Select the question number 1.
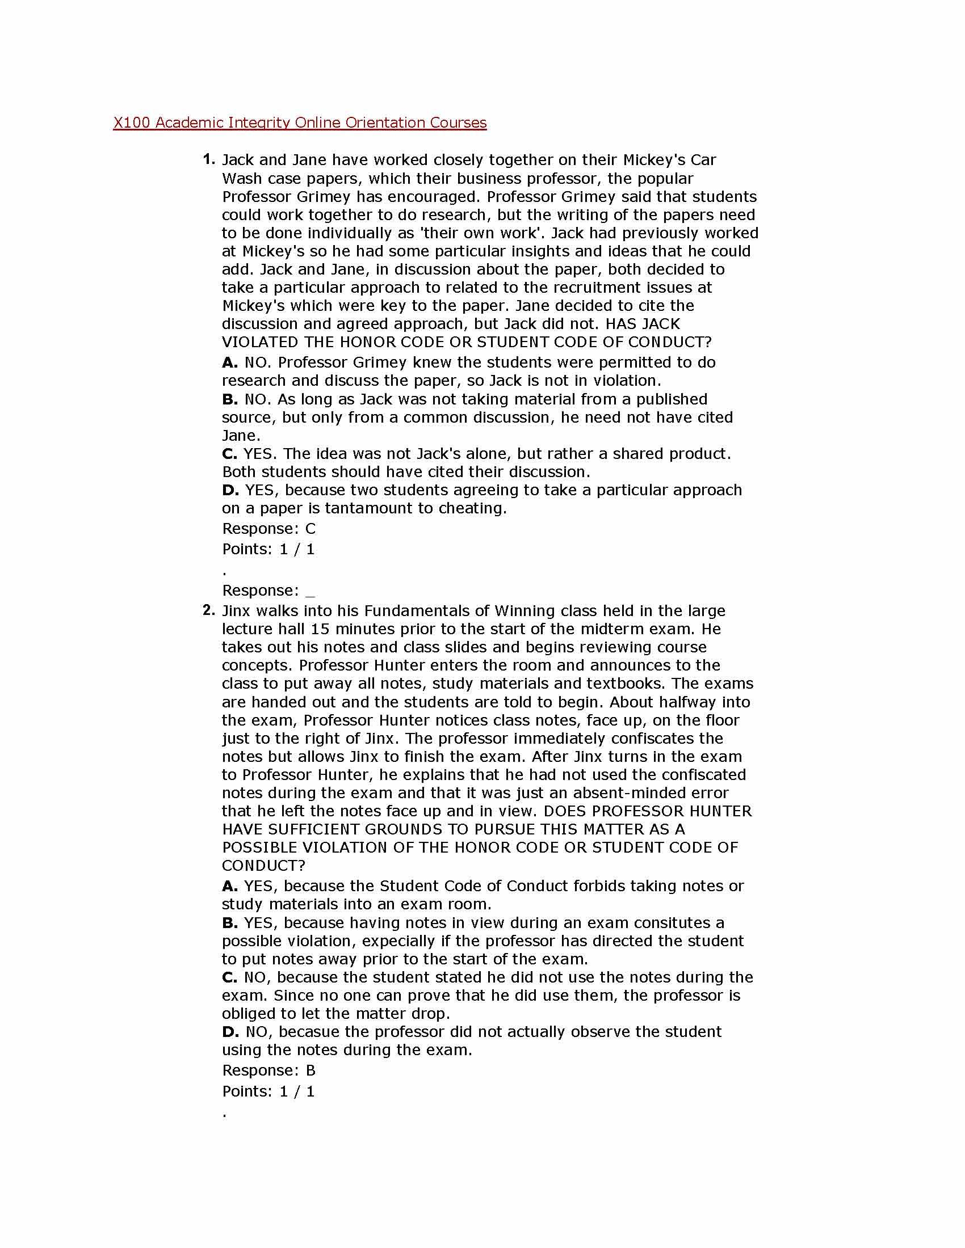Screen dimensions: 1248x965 click(x=209, y=159)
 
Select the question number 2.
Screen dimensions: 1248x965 click(x=209, y=610)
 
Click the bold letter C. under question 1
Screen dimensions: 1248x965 click(x=230, y=454)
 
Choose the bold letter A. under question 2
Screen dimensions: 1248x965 click(x=230, y=886)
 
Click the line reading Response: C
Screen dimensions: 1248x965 click(x=268, y=529)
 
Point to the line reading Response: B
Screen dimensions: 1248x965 click(x=268, y=1070)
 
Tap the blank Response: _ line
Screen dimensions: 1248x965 click(x=268, y=591)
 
